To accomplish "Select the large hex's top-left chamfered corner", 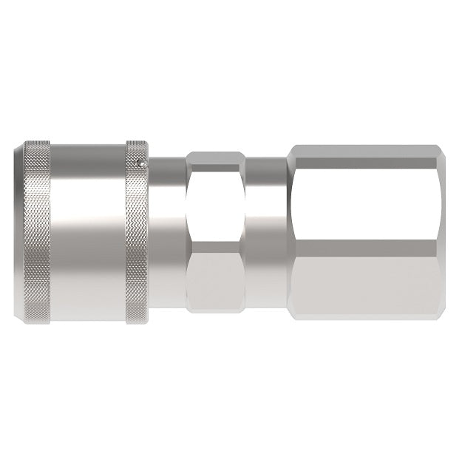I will pyautogui.click(x=291, y=151).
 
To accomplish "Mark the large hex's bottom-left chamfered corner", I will pyautogui.click(x=291, y=313).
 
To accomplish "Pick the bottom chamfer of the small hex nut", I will pyautogui.click(x=215, y=310).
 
